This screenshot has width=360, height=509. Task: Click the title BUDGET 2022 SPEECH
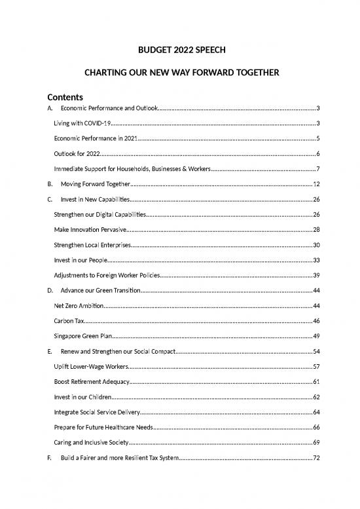pos(179,48)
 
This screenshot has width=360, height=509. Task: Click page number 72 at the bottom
pos(316,458)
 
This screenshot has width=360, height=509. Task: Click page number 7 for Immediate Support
pos(317,169)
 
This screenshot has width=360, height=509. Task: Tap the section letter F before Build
pos(42,458)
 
